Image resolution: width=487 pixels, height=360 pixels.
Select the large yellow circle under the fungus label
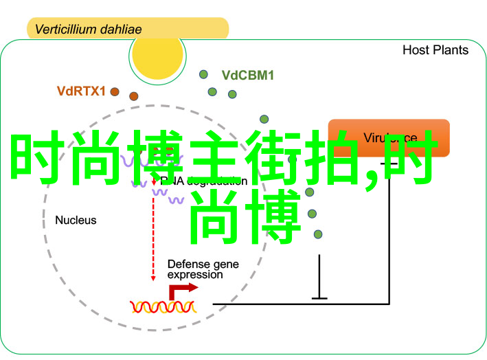(159, 54)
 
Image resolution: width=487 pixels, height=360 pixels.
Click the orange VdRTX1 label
(81, 90)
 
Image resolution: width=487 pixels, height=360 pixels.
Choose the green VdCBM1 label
(247, 76)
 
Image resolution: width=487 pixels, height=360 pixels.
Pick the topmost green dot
(203, 74)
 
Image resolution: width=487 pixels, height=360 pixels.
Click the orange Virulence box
(389, 138)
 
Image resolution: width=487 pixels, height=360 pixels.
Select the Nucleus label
(76, 221)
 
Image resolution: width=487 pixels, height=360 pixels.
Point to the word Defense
(188, 263)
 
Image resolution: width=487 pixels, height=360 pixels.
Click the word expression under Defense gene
(195, 275)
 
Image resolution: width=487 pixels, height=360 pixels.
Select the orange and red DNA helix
(163, 306)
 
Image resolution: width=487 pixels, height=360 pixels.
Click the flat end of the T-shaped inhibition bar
(319, 297)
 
